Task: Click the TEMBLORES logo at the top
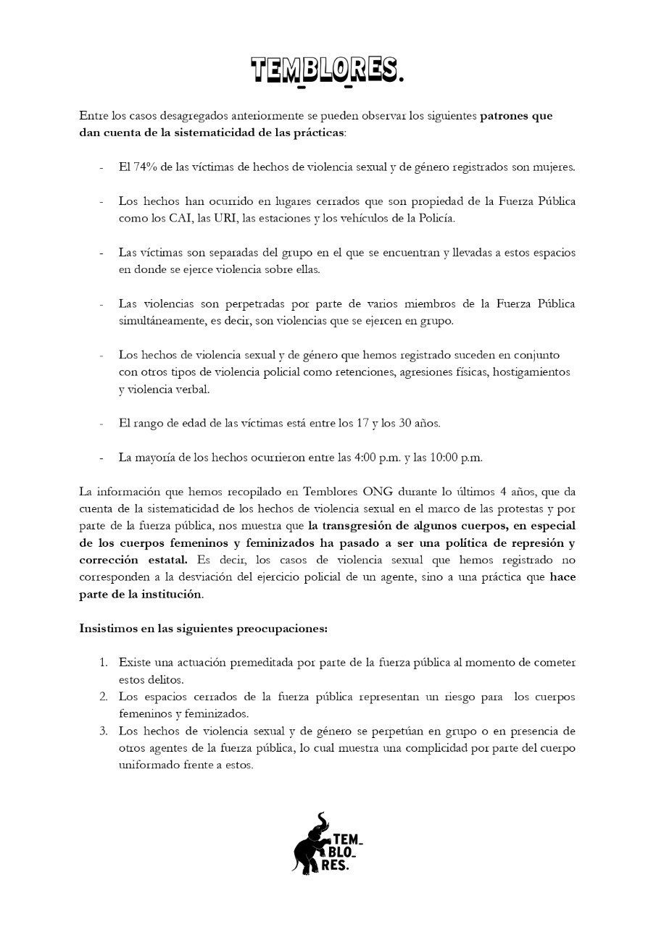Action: click(x=327, y=71)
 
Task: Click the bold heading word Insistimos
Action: click(x=109, y=628)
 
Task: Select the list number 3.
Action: click(x=104, y=730)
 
